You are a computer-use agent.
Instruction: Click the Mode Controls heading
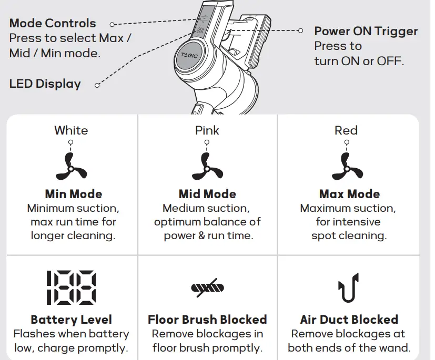pos(53,23)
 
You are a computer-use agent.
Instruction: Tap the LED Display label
pos(45,84)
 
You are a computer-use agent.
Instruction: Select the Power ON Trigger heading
pos(366,31)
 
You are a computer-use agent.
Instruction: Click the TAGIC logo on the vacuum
pos(189,55)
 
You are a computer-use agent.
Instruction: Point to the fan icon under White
pos(71,167)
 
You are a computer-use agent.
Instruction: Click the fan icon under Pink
pos(207,167)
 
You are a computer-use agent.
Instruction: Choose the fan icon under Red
pos(347,167)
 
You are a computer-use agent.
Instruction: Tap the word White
pos(71,130)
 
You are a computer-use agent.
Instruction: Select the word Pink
pos(207,130)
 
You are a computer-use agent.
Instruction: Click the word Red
pos(346,130)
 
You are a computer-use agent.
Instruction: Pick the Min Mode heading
pos(74,194)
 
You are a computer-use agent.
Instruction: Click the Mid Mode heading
pos(207,194)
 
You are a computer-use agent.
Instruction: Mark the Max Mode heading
pos(349,194)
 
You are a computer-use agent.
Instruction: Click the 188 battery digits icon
pos(72,287)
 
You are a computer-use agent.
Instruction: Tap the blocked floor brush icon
pos(208,288)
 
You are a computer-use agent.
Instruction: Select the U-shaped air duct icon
pos(348,288)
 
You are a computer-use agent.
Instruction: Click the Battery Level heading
pos(72,320)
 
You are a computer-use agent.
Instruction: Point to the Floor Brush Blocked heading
pos(207,320)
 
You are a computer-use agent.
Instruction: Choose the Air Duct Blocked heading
pos(349,320)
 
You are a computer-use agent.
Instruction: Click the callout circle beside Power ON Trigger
pos(300,30)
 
